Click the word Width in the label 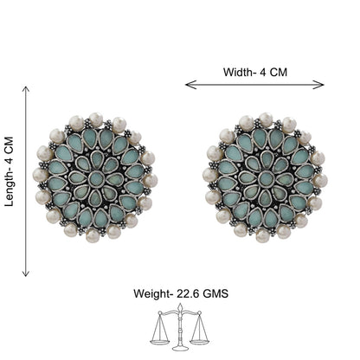(237, 72)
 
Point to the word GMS (215, 294)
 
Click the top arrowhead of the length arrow (26, 89)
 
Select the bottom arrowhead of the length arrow (26, 273)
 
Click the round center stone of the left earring (95, 179)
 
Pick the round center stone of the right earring (266, 179)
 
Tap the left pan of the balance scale (159, 341)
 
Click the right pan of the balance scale (200, 341)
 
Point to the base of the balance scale (180, 348)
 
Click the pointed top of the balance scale (180, 305)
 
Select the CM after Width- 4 (278, 72)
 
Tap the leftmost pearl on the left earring (40, 175)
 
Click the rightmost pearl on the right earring (320, 181)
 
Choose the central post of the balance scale (180, 329)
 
